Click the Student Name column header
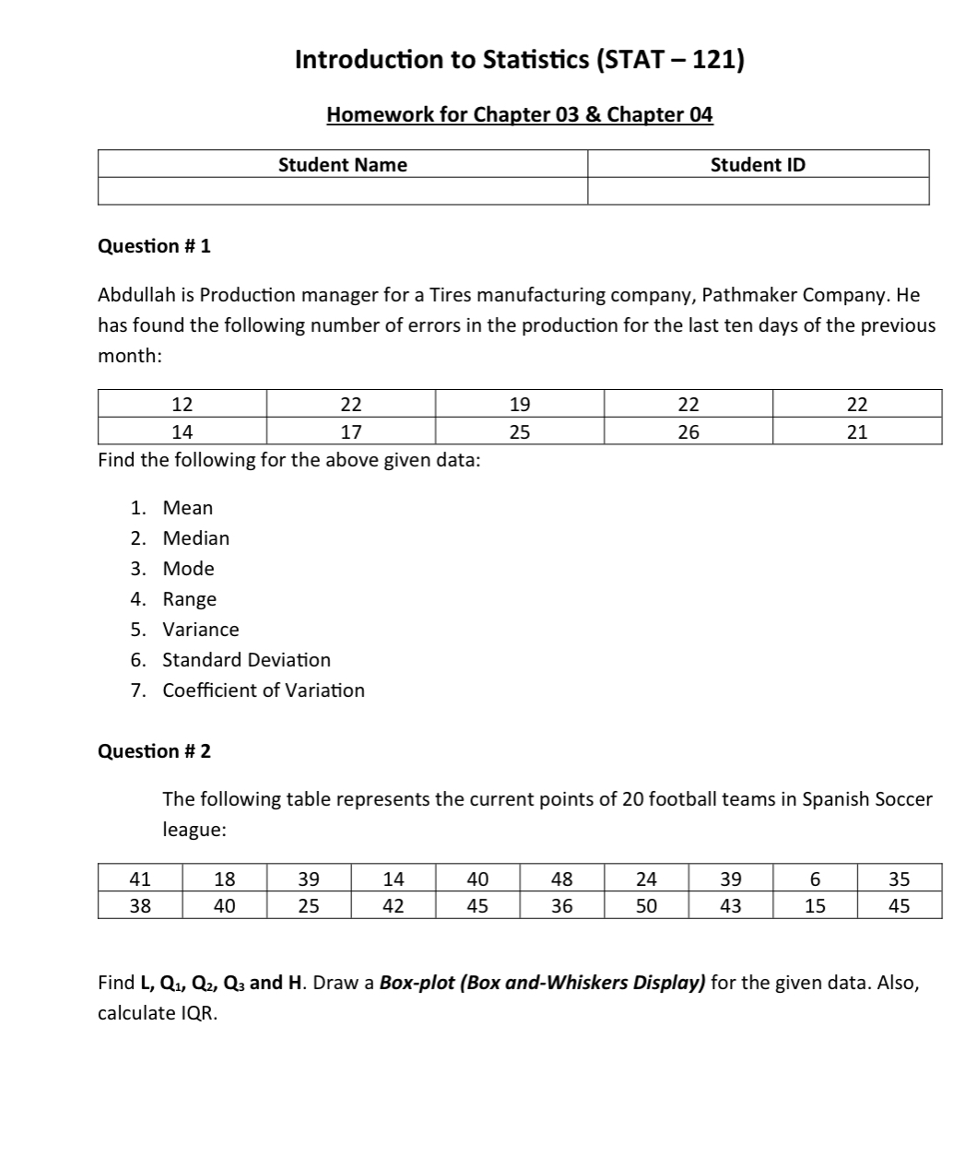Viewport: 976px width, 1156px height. [x=342, y=165]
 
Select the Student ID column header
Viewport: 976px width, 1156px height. [x=758, y=165]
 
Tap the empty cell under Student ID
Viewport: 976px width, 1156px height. [x=758, y=191]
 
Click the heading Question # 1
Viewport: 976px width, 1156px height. [x=154, y=246]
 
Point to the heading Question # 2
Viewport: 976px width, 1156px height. [x=154, y=751]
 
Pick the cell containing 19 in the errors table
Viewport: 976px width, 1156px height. [x=520, y=404]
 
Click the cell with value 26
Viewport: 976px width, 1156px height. [x=688, y=431]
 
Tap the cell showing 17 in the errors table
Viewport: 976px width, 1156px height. [x=351, y=431]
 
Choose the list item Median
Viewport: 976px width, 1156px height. [x=195, y=538]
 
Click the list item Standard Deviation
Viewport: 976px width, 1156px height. [x=246, y=660]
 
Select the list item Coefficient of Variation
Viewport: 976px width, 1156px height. [x=264, y=690]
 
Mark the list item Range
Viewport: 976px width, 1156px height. [x=189, y=599]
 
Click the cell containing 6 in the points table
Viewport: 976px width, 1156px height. [x=815, y=879]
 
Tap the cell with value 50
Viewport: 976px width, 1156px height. [x=647, y=906]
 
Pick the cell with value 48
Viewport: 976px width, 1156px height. [x=561, y=879]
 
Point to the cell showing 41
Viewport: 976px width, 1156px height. [x=140, y=879]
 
